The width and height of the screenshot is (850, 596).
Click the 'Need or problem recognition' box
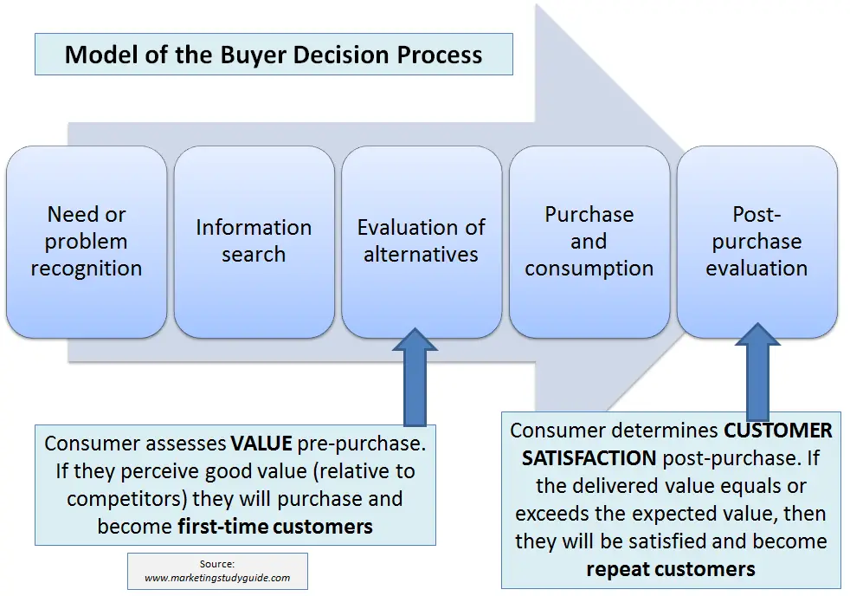click(x=87, y=242)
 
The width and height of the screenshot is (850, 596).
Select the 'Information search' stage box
click(x=254, y=242)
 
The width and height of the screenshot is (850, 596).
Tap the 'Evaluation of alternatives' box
click(x=422, y=242)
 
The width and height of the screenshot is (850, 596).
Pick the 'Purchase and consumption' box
click(x=589, y=242)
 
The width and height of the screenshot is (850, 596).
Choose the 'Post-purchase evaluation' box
click(x=757, y=242)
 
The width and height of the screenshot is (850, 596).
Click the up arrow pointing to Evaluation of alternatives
click(x=415, y=376)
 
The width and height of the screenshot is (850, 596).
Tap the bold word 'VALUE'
click(x=261, y=444)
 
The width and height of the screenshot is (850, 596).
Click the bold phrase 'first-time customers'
click(x=275, y=527)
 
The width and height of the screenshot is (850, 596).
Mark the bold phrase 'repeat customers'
click(x=671, y=569)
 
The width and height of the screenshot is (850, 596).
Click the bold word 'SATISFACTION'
click(x=589, y=458)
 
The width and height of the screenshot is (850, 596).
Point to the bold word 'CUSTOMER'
click(x=778, y=431)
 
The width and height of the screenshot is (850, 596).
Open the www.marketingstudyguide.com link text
click(x=217, y=578)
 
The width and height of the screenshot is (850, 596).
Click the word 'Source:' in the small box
click(x=217, y=564)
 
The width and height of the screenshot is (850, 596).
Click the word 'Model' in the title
click(x=100, y=55)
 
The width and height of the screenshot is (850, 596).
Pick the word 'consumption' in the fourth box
click(x=589, y=269)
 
